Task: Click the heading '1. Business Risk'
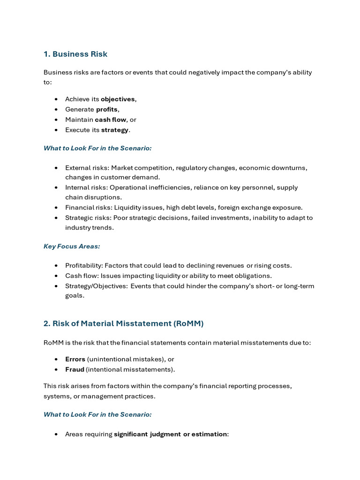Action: (x=75, y=54)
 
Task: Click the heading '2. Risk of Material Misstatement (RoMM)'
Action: (x=123, y=323)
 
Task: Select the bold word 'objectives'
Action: (x=118, y=99)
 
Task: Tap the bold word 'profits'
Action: (x=106, y=109)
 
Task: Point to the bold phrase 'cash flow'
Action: (x=110, y=120)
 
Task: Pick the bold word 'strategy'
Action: (x=115, y=130)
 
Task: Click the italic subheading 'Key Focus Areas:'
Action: (x=72, y=246)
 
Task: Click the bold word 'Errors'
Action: (x=75, y=359)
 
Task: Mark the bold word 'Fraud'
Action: (x=75, y=369)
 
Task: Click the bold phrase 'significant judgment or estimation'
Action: (x=170, y=434)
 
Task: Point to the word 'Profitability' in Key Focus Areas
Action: (x=83, y=265)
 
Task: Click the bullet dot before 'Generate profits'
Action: (x=56, y=110)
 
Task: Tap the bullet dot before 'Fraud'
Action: (x=56, y=369)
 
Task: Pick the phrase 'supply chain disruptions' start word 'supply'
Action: (x=287, y=187)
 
